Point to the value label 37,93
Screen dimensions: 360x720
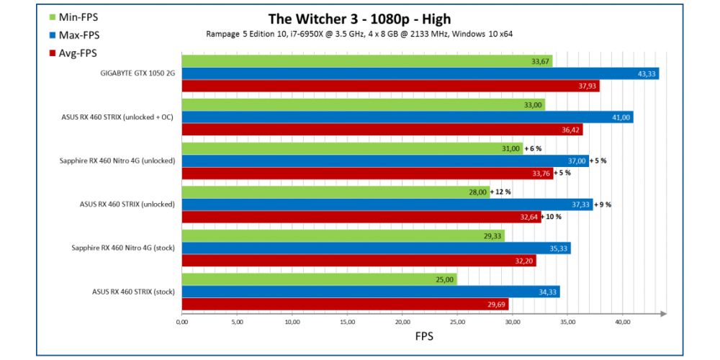pyautogui.click(x=585, y=86)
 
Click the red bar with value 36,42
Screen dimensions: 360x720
pyautogui.click(x=382, y=130)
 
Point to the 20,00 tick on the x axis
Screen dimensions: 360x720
pyautogui.click(x=402, y=321)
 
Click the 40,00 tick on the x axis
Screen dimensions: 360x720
pyautogui.click(x=622, y=321)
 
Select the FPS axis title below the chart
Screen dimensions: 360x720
pyautogui.click(x=423, y=336)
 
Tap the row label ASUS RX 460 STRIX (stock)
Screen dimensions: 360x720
pyautogui.click(x=133, y=292)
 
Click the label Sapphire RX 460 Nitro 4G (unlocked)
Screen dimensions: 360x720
pyautogui.click(x=117, y=161)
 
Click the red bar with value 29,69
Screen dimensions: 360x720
pyautogui.click(x=345, y=305)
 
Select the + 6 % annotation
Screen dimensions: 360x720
pyautogui.click(x=533, y=148)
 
